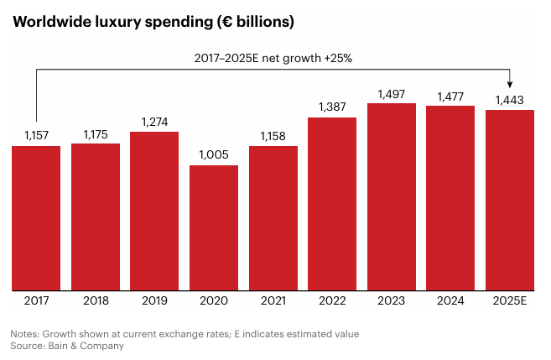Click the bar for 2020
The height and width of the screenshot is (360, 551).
(214, 227)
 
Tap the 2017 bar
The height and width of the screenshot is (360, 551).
(36, 217)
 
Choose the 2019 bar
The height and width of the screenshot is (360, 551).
(154, 210)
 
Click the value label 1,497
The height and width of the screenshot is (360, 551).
(392, 94)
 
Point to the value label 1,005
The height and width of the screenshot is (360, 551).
(214, 155)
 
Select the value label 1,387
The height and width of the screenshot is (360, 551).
(332, 107)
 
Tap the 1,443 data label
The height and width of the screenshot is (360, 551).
(510, 100)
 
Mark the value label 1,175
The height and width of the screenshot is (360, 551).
(96, 134)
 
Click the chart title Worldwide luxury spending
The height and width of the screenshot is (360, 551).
(153, 23)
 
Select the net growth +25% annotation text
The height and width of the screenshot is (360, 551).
(274, 58)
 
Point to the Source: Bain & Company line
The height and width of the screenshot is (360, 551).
(67, 345)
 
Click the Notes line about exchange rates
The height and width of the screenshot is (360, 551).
(185, 333)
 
